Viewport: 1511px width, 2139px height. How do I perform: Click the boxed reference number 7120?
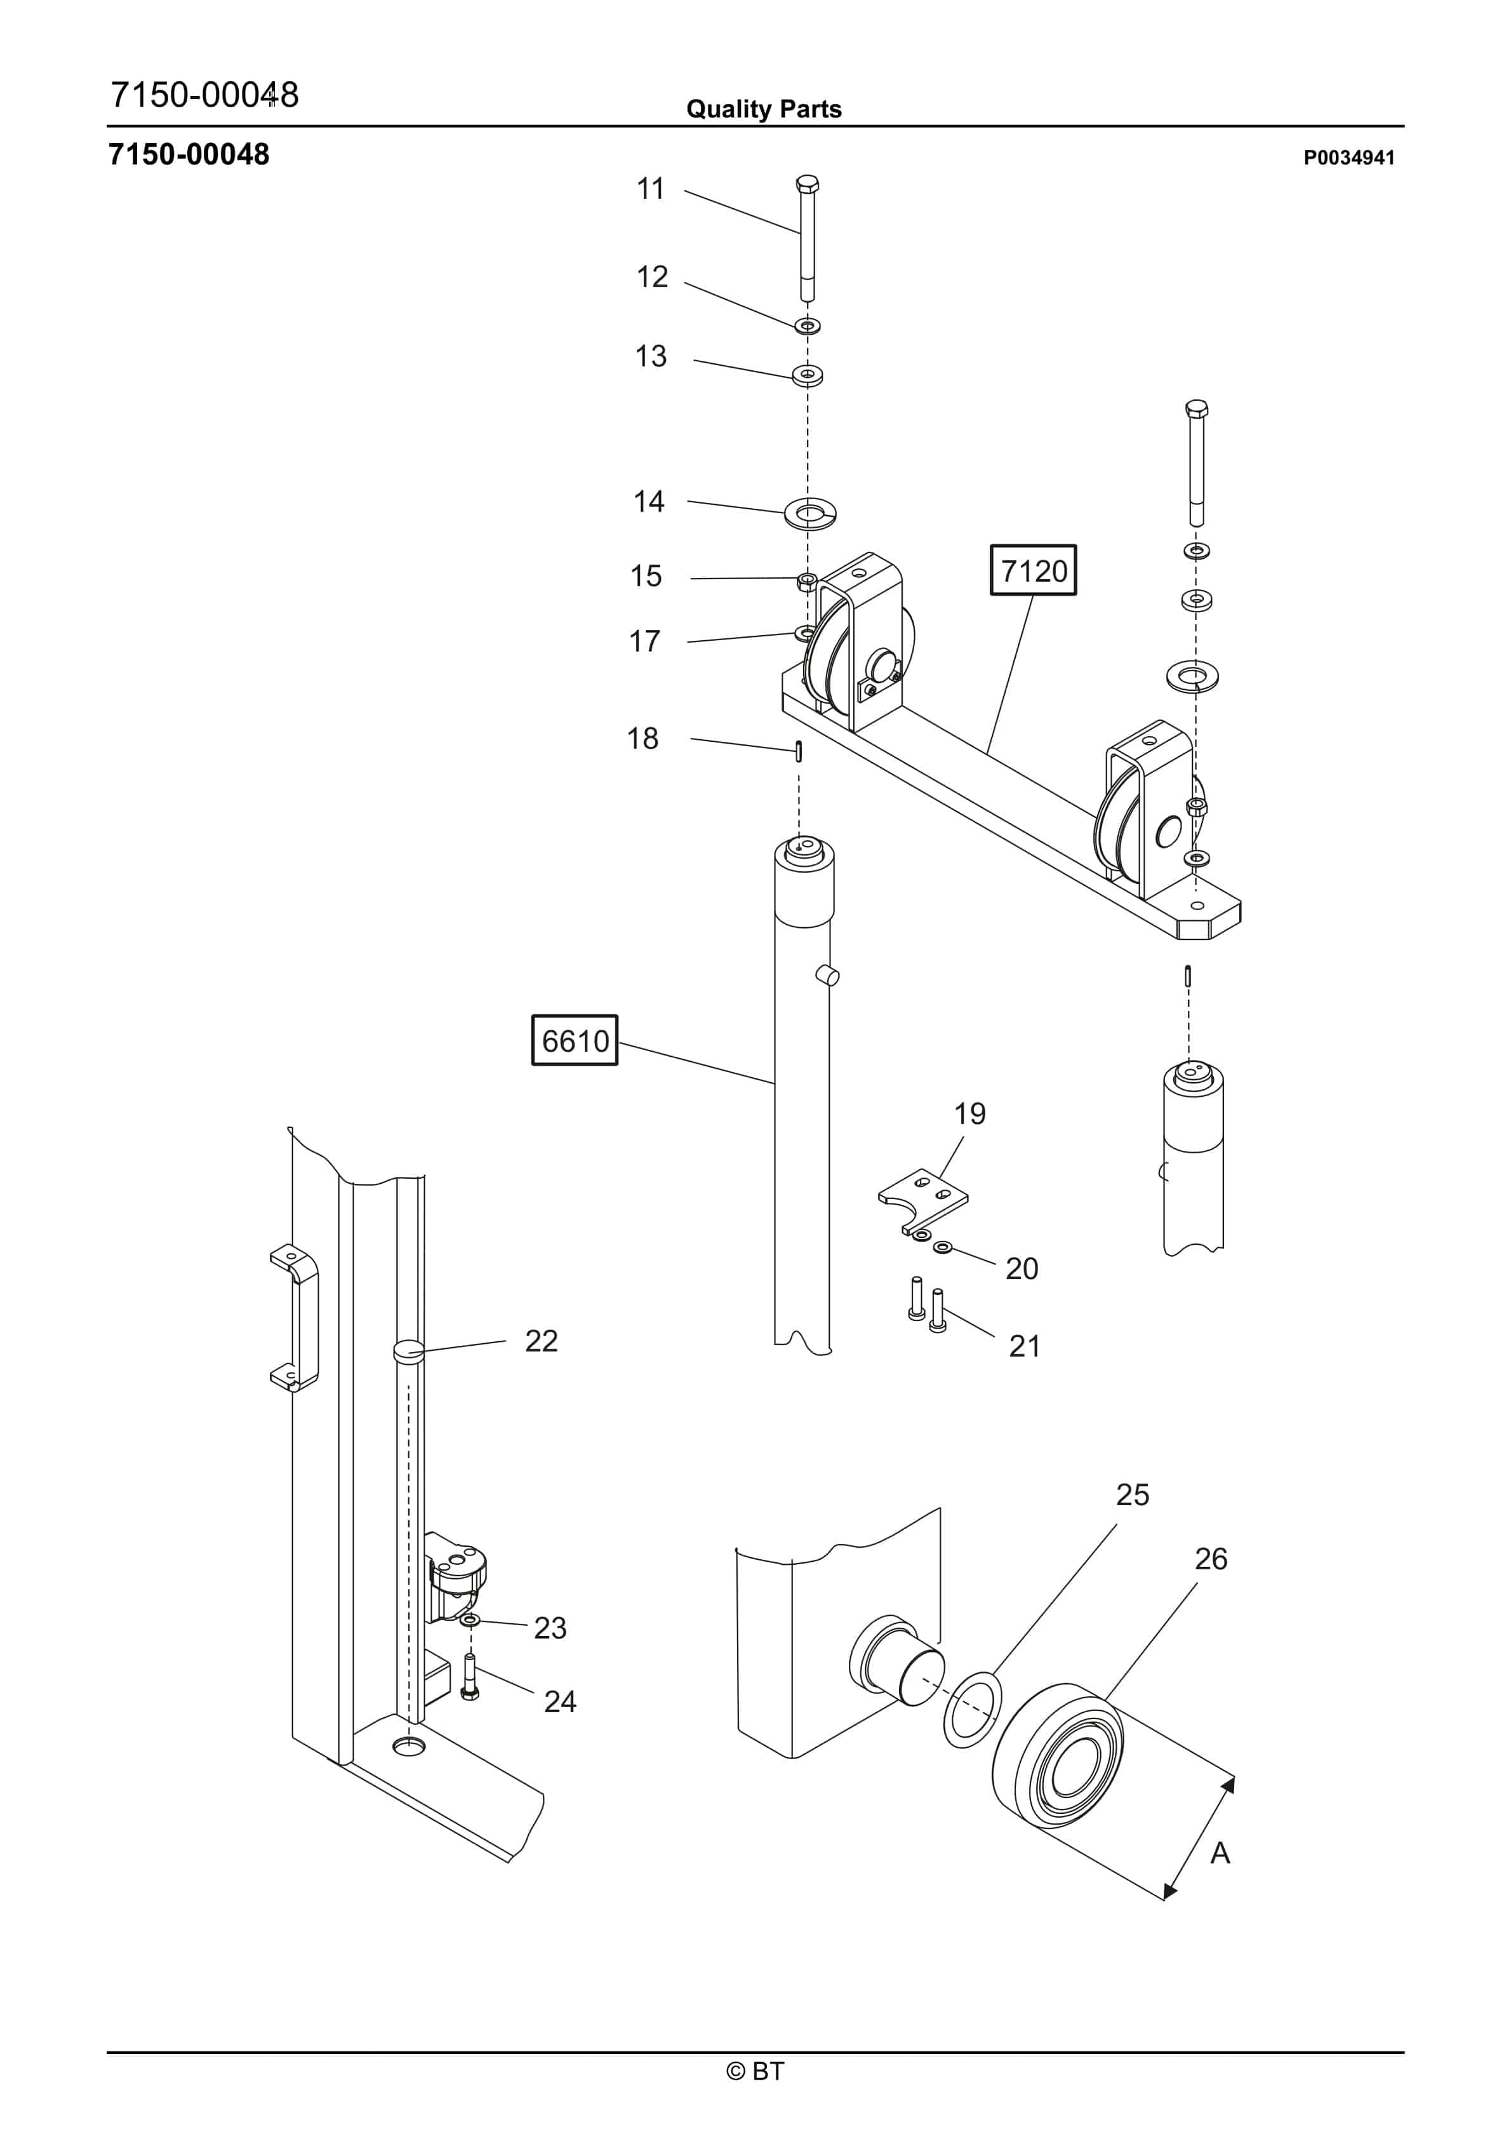pyautogui.click(x=1032, y=570)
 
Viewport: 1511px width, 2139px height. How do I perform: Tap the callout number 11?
pyautogui.click(x=650, y=189)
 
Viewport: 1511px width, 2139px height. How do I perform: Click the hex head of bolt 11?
pyautogui.click(x=808, y=183)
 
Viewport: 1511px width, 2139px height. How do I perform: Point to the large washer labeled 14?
pyautogui.click(x=809, y=513)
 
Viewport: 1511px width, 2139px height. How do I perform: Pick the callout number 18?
pyautogui.click(x=642, y=739)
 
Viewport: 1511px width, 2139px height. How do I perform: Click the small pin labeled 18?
pyautogui.click(x=798, y=751)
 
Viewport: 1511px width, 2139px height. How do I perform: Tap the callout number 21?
pyautogui.click(x=1024, y=1346)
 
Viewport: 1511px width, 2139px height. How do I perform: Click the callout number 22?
pyautogui.click(x=542, y=1341)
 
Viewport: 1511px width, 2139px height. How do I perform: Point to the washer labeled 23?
pyautogui.click(x=471, y=1621)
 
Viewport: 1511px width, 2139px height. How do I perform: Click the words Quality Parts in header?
pyautogui.click(x=764, y=109)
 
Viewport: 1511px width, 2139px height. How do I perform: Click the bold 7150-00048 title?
pyautogui.click(x=189, y=154)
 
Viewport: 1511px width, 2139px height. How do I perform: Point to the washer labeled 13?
pyautogui.click(x=808, y=375)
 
